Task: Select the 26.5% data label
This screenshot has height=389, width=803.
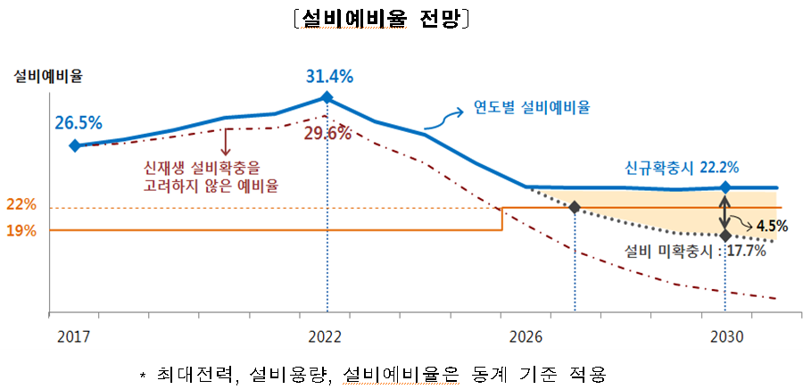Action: tap(78, 122)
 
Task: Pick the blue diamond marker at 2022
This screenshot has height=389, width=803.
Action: tap(327, 97)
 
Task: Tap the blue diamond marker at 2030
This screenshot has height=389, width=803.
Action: tap(725, 187)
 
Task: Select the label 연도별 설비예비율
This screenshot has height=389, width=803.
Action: tap(531, 107)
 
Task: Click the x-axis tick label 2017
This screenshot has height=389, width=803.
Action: tap(74, 338)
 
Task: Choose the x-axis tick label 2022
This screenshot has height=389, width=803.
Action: tap(326, 338)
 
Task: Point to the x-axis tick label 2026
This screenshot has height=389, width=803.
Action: tap(526, 338)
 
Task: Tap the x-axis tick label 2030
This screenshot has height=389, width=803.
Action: tap(724, 338)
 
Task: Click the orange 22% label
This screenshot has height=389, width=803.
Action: tap(21, 205)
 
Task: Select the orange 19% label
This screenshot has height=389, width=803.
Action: tap(21, 230)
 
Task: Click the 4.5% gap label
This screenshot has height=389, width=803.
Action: tap(769, 227)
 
